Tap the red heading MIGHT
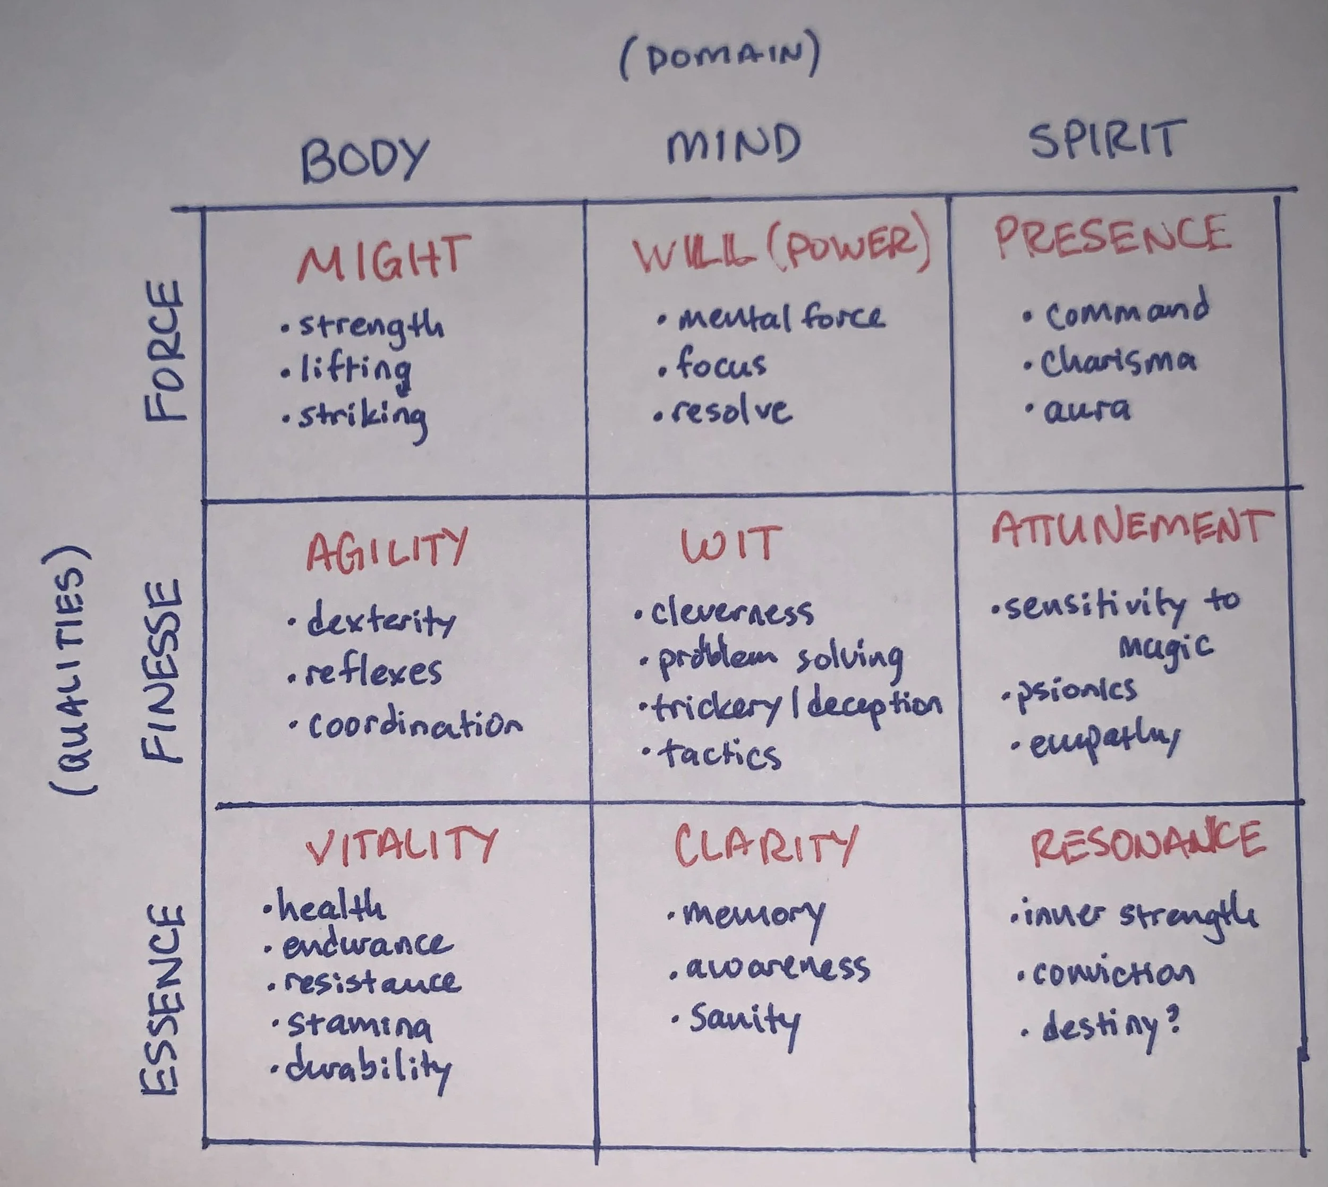pos(384,258)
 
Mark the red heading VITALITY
pos(402,846)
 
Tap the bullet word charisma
pos(1118,363)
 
